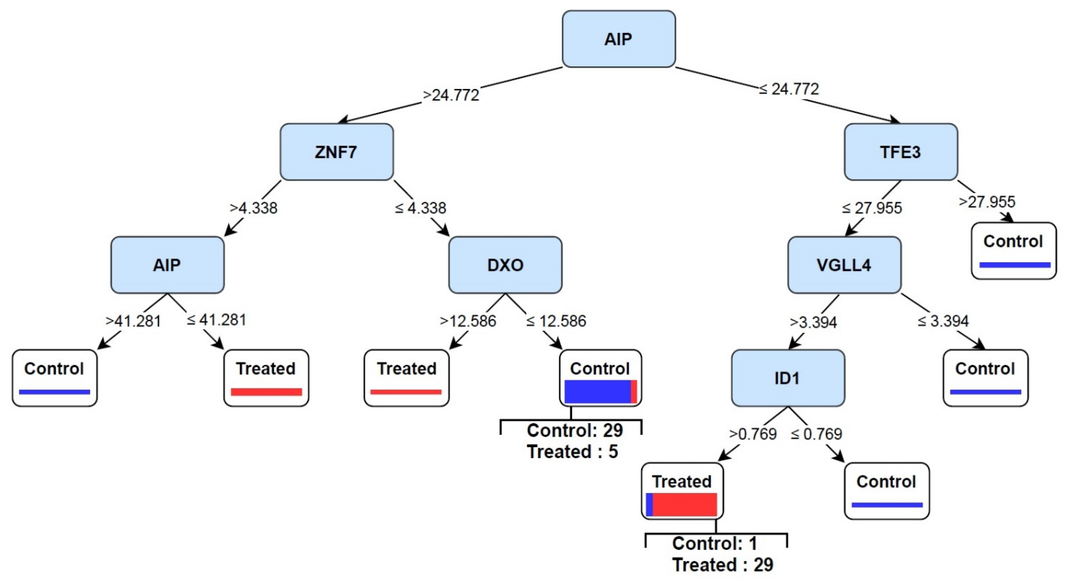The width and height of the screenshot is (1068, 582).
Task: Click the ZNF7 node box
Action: (x=337, y=152)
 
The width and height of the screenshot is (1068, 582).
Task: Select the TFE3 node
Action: (x=901, y=152)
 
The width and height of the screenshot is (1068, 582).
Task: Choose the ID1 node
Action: (x=788, y=378)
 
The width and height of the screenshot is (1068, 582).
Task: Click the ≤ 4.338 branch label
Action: (x=420, y=208)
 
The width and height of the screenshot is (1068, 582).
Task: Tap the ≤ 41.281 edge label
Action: (x=216, y=320)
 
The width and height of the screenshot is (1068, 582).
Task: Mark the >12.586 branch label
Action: (x=468, y=321)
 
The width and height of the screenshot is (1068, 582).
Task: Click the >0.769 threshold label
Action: (x=753, y=434)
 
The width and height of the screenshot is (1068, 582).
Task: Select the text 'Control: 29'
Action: (x=575, y=430)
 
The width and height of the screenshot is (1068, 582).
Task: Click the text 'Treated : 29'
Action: (x=723, y=565)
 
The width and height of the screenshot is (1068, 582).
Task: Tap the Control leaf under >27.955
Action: (x=1014, y=251)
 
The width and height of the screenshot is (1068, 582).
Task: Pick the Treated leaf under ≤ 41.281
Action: (x=266, y=378)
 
